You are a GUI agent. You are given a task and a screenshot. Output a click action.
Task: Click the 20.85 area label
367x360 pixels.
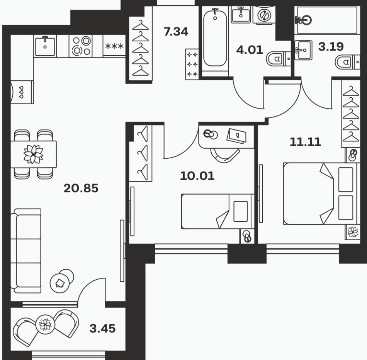click(81, 188)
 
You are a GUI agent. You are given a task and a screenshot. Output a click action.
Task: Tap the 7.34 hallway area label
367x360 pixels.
click(176, 32)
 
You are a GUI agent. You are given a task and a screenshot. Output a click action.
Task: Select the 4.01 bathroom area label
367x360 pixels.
click(250, 50)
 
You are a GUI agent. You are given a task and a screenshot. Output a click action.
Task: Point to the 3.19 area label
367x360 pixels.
click(331, 46)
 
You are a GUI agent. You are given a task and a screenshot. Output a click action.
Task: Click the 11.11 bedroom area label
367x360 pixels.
click(305, 142)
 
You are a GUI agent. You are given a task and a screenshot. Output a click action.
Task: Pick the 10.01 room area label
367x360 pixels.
click(197, 176)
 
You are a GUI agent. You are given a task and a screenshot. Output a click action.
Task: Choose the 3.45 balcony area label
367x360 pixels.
click(102, 328)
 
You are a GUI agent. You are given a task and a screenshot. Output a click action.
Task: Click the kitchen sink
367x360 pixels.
click(45, 46)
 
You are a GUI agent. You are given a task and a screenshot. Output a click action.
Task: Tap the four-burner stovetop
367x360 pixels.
click(81, 46)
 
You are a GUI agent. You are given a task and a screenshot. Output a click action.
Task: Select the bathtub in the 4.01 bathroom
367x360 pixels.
click(215, 37)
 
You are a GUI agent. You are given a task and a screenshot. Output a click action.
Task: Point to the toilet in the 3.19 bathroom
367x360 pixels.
click(348, 62)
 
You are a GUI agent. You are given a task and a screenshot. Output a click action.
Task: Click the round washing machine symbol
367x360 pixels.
click(264, 15)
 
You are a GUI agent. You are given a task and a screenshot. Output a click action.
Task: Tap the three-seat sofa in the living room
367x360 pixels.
click(26, 251)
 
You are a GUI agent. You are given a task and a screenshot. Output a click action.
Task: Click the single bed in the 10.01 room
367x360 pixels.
click(217, 211)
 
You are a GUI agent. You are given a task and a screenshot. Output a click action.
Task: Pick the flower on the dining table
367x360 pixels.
click(34, 154)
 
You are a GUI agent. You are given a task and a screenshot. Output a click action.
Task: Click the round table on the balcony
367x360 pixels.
click(46, 324)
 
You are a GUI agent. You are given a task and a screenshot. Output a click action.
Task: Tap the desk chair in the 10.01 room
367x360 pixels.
click(225, 155)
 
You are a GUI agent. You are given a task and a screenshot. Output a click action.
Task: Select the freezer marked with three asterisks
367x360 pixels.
click(114, 46)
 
